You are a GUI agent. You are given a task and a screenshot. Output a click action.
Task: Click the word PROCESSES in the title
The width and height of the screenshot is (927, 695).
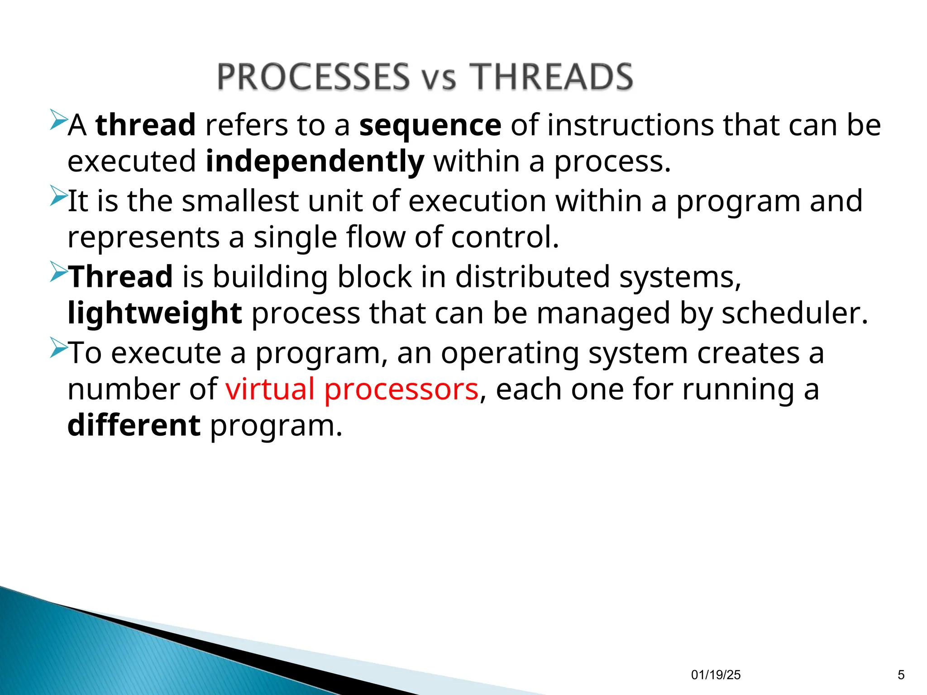pyautogui.click(x=313, y=76)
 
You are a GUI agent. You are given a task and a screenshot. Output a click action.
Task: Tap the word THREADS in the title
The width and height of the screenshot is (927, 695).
pyautogui.click(x=551, y=76)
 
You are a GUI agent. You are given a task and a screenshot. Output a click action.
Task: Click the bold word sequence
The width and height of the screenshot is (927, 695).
pyautogui.click(x=430, y=125)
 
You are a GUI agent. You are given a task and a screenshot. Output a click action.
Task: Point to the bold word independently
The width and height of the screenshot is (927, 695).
pyautogui.click(x=315, y=162)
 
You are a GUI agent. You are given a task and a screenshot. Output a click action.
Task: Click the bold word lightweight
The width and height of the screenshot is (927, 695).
pyautogui.click(x=155, y=313)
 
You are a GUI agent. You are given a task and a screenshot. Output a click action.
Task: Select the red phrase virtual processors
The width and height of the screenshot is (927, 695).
pyautogui.click(x=352, y=389)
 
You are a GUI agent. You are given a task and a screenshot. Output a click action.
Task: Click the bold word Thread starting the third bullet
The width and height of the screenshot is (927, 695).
pyautogui.click(x=120, y=276)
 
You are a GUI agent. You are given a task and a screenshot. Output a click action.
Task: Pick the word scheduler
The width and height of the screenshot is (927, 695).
pyautogui.click(x=794, y=313)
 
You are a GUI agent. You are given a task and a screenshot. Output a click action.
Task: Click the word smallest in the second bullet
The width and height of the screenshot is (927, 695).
pyautogui.click(x=240, y=201)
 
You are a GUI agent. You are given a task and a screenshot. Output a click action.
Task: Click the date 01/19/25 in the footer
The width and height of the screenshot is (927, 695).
pyautogui.click(x=716, y=675)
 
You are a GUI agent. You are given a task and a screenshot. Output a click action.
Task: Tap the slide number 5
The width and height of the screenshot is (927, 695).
pyautogui.click(x=901, y=675)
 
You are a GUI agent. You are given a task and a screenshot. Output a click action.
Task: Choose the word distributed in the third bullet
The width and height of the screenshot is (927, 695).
pyautogui.click(x=532, y=276)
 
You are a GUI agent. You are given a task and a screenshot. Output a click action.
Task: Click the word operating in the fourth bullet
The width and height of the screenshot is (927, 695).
pyautogui.click(x=510, y=353)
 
